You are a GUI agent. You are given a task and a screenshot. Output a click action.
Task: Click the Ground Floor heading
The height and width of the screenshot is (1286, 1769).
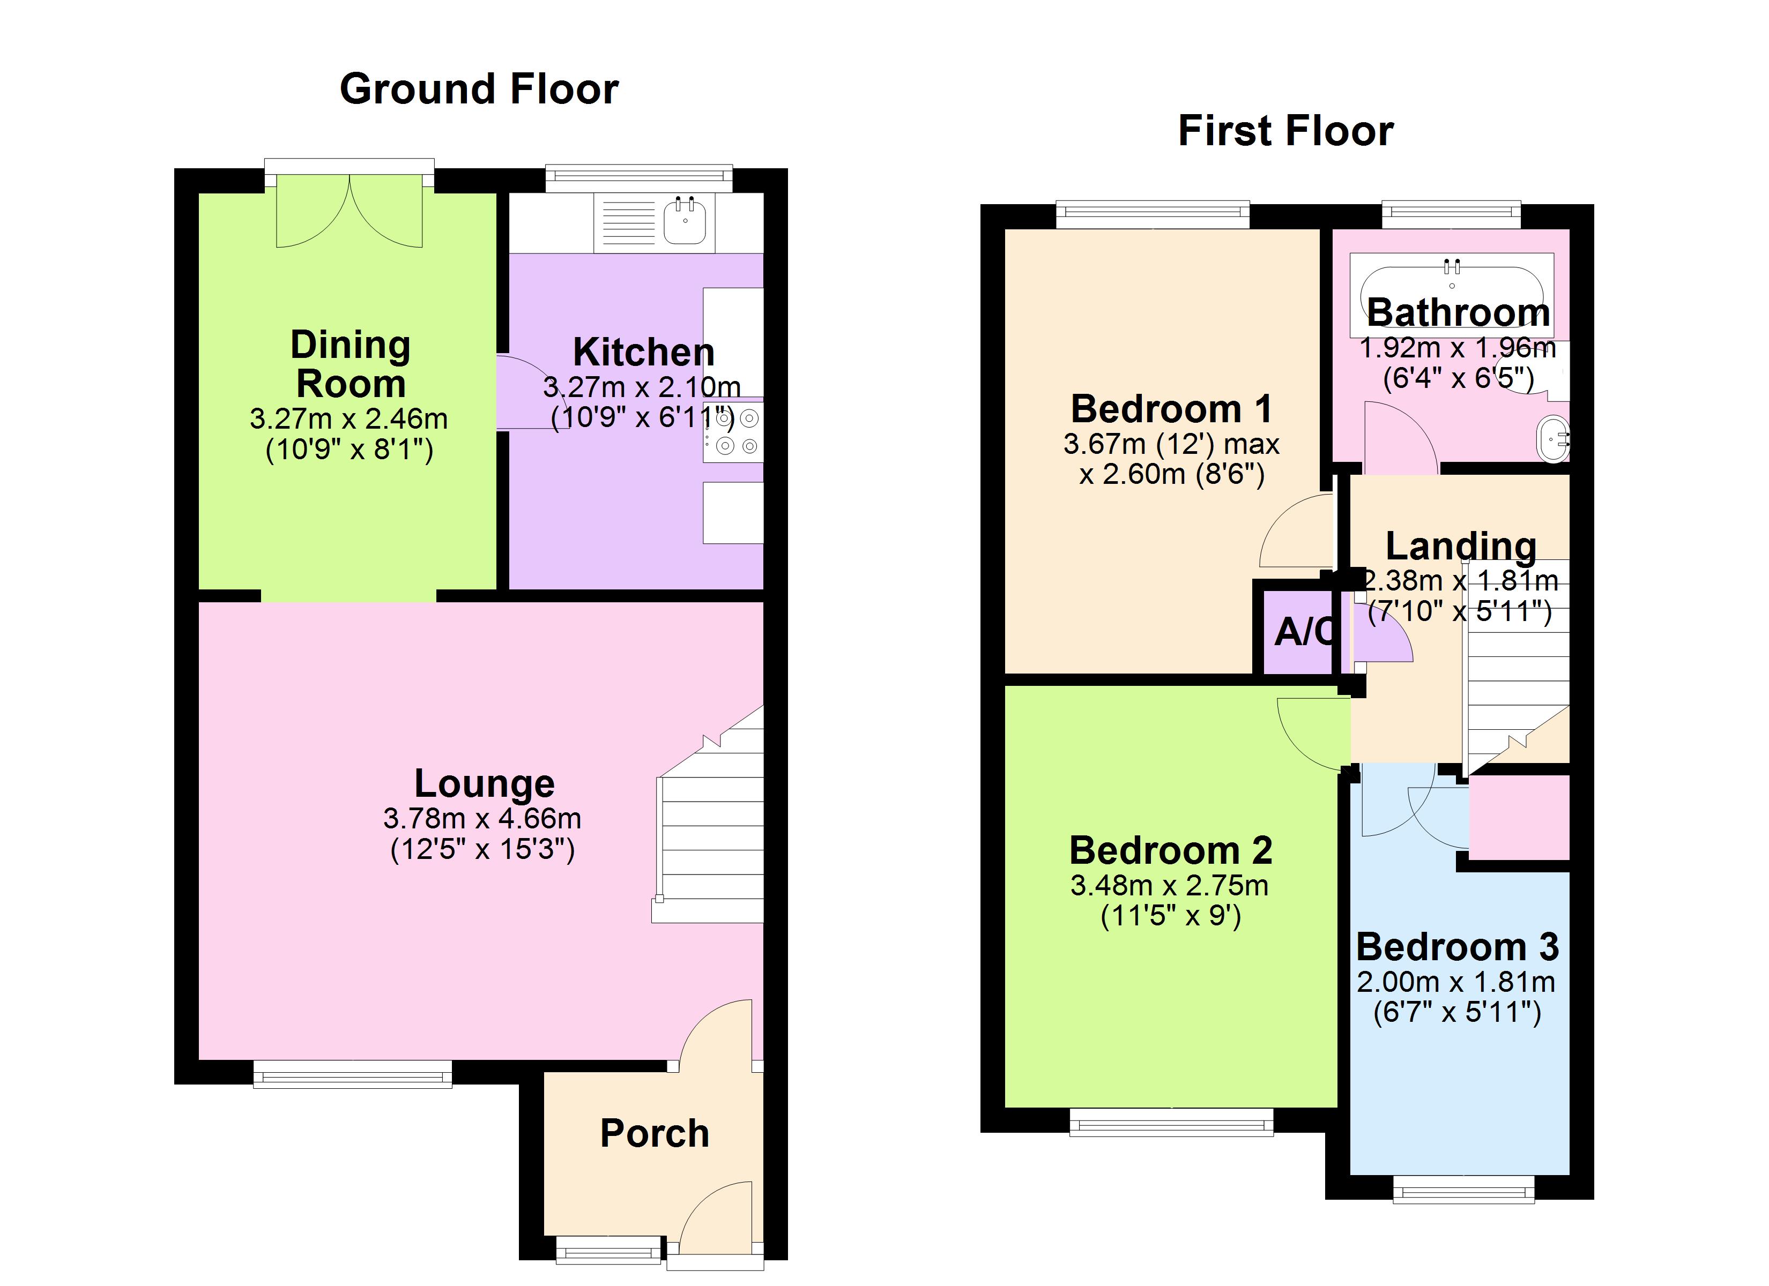[479, 89]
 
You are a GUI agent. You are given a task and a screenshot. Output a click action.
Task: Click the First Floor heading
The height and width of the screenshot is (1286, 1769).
[1285, 130]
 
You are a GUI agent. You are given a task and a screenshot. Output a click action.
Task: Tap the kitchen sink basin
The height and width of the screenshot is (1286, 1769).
[685, 221]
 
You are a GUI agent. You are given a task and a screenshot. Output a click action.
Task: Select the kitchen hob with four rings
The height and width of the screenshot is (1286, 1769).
[733, 432]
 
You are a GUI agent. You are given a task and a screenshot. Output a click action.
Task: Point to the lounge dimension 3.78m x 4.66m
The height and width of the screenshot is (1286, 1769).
[482, 818]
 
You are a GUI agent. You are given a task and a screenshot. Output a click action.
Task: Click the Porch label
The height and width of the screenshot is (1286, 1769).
[655, 1133]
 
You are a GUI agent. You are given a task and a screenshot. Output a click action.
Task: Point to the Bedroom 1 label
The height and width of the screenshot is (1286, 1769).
[1171, 409]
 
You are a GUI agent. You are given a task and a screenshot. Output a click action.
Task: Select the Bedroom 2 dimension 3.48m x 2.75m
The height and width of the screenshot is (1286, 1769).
[1169, 886]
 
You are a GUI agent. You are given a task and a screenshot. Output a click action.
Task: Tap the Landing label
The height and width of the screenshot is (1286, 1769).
[1460, 546]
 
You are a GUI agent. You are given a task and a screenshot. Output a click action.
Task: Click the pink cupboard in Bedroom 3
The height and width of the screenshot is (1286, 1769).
[1518, 817]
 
